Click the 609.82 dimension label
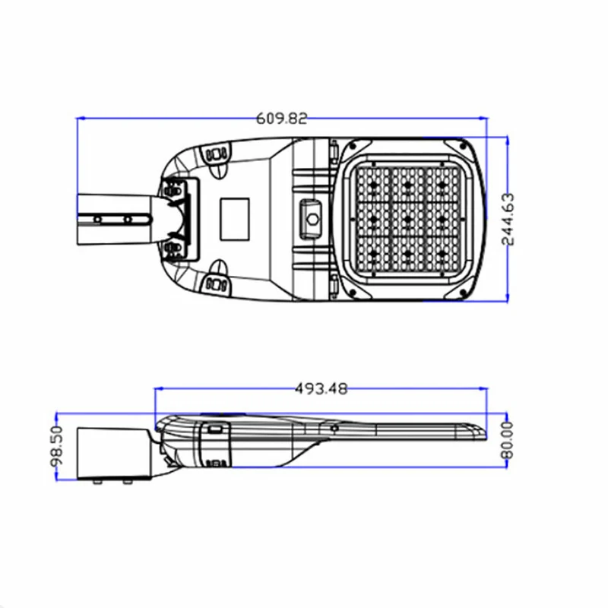pyautogui.click(x=282, y=119)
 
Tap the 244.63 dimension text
pyautogui.click(x=508, y=219)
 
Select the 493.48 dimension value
pyautogui.click(x=321, y=388)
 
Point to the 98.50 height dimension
pyautogui.click(x=57, y=446)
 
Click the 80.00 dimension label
pyautogui.click(x=508, y=441)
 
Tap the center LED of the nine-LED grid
pyautogui.click(x=408, y=220)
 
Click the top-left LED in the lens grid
pyautogui.click(x=374, y=185)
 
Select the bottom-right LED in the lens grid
pyautogui.click(x=442, y=254)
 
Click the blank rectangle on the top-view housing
pyautogui.click(x=235, y=219)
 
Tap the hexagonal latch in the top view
pyautogui.click(x=312, y=220)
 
